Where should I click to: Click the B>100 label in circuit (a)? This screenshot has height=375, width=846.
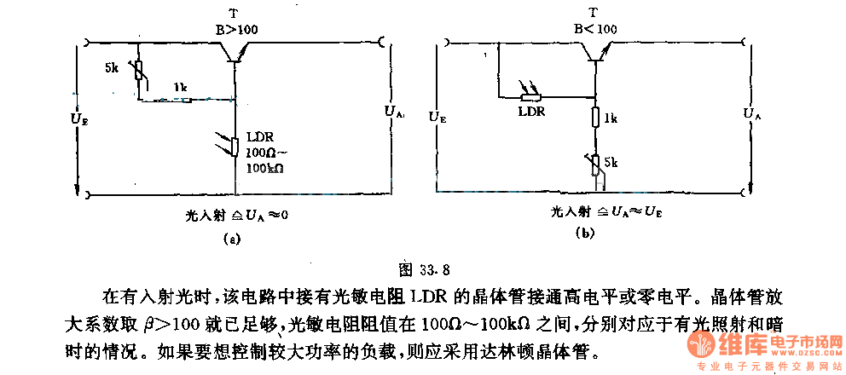pos(236,29)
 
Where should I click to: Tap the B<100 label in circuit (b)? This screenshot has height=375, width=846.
pos(594,29)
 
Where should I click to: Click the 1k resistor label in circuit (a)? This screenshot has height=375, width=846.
pos(179,87)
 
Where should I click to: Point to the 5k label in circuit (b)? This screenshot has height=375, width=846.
pos(611,160)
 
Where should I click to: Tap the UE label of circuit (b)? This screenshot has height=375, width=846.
pos(437,115)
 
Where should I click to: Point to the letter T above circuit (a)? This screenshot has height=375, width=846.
pos(233,13)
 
